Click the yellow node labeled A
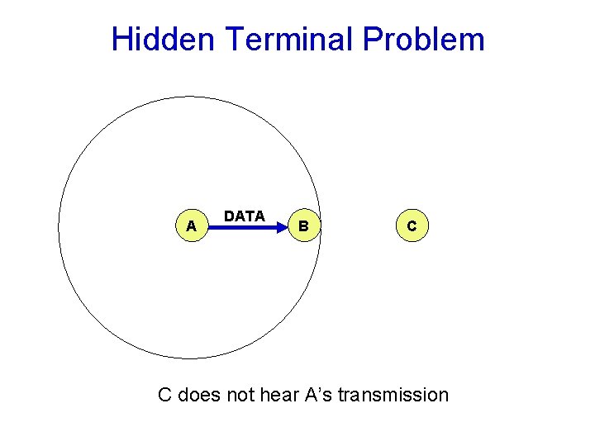pos(191,225)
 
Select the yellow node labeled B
pos(304,225)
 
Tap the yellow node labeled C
pos(412,225)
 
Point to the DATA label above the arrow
pos(245,216)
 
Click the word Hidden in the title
pos(159,39)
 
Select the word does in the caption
pos(199,395)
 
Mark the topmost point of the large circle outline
pos(189,97)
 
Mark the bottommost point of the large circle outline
pos(189,358)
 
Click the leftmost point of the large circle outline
pos(59,228)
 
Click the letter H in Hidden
pos(121,39)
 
